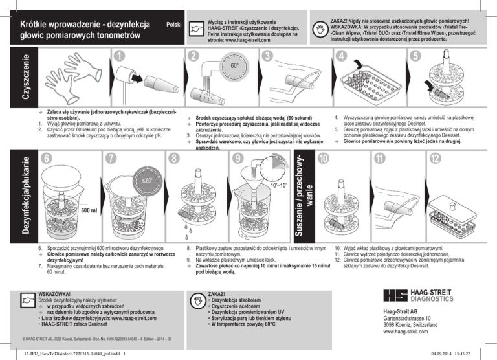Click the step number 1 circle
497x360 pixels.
119,56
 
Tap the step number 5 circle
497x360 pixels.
415,56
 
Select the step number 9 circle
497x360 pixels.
238,158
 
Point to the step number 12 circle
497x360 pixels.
435,158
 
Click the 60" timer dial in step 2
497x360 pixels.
234,67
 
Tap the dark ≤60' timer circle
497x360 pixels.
148,181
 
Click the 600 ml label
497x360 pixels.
89,210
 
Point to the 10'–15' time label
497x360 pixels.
278,185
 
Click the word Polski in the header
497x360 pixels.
173,25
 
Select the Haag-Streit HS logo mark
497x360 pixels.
395,295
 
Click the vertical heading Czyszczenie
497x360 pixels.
26,76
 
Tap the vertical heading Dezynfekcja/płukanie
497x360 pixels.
26,196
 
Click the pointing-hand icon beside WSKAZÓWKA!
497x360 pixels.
28,300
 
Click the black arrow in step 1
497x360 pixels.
137,78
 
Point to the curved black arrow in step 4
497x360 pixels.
358,63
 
